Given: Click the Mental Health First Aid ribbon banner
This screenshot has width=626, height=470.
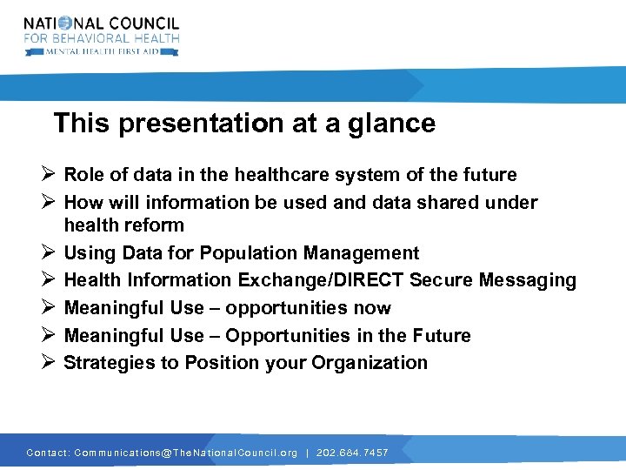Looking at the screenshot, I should coord(102,51).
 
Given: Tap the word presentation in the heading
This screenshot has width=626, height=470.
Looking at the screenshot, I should coord(203,124).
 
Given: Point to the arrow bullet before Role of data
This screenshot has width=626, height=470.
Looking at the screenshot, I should coord(49,175).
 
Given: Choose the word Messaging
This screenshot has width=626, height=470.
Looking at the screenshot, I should coord(527,280).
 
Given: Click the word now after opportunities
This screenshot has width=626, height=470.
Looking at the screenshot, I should coord(372,308).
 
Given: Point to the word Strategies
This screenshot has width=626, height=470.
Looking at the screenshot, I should coord(110,363).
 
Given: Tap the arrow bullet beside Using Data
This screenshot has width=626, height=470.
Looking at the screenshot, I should coord(49,253).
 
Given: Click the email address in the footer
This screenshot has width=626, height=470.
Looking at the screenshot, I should coord(185,453).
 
